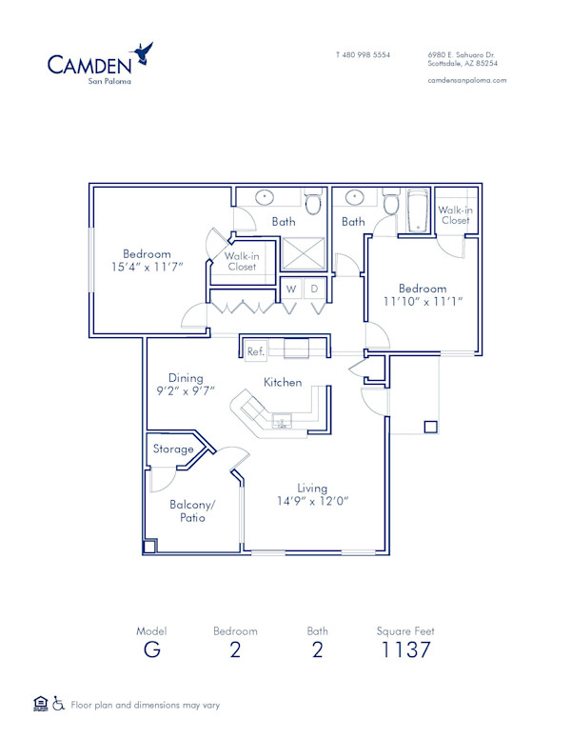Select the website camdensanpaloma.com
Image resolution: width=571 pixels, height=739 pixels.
click(x=467, y=80)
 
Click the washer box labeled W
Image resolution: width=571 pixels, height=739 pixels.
click(x=291, y=288)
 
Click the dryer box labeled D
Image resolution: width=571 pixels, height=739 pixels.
click(x=314, y=288)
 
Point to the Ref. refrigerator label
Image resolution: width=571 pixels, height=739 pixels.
click(x=254, y=351)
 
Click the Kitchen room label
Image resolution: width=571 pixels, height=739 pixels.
click(x=283, y=382)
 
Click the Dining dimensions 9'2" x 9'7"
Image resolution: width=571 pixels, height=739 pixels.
click(x=186, y=390)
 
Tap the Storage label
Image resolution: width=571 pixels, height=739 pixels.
click(x=173, y=449)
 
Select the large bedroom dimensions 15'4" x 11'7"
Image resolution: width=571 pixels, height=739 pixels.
click(x=147, y=267)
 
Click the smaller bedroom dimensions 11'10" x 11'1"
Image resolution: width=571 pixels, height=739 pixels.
click(x=422, y=302)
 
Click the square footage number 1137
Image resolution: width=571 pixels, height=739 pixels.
click(x=405, y=650)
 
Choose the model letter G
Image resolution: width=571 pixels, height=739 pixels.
click(x=151, y=650)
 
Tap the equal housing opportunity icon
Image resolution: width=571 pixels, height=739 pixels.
click(x=40, y=705)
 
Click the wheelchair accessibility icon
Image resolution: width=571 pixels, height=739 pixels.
click(x=58, y=705)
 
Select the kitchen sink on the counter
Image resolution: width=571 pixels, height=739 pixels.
click(x=283, y=419)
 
